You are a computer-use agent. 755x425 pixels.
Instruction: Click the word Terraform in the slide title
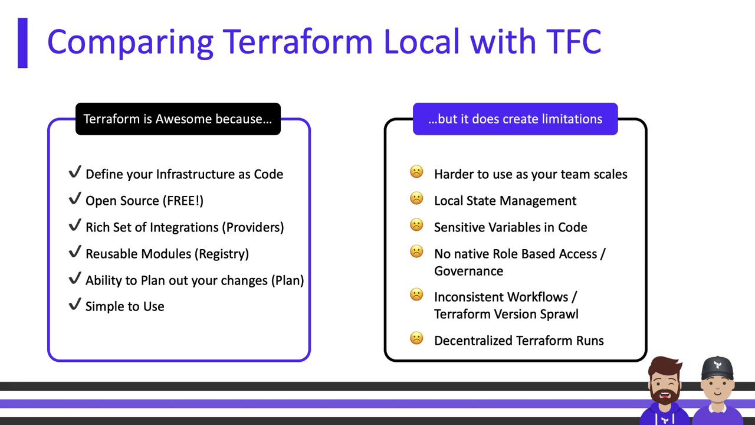(298, 41)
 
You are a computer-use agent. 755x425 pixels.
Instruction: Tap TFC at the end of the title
(573, 41)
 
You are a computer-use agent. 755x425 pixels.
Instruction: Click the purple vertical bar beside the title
(22, 43)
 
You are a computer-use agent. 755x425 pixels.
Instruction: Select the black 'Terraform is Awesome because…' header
(178, 119)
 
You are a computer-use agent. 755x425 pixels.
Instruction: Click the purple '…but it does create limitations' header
(516, 119)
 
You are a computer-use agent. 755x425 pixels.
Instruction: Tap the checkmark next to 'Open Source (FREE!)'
(75, 198)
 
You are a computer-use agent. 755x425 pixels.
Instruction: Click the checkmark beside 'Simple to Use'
(75, 304)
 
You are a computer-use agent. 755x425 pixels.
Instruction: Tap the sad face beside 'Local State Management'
(416, 198)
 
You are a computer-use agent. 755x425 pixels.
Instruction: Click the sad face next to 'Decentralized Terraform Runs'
(416, 338)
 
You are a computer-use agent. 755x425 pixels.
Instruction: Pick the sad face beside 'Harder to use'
(416, 172)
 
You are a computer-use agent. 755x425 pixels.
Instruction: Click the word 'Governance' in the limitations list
(468, 271)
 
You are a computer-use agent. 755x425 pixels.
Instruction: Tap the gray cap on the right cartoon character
(717, 368)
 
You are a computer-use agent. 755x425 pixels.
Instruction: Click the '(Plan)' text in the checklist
(287, 280)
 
